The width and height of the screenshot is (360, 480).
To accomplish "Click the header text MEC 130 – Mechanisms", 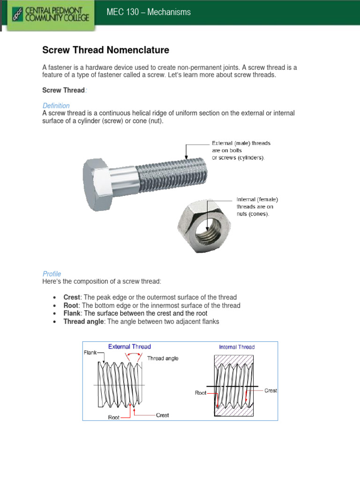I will pos(149,12).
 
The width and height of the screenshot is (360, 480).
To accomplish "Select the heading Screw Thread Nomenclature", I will pos(106,50).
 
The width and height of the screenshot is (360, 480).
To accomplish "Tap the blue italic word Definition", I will pos(56,105).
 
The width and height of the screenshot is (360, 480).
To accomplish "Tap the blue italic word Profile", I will pos(52,274).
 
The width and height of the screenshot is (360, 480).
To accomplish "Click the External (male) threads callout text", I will pos(241,150).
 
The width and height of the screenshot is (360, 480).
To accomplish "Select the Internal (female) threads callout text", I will pos(257,207).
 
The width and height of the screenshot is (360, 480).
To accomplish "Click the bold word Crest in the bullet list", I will pos(72,297).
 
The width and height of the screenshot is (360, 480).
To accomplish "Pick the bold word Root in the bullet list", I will pos(71,305).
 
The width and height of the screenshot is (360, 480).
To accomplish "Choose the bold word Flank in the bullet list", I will pos(72,313).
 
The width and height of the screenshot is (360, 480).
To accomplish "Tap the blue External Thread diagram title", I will pos(129,347).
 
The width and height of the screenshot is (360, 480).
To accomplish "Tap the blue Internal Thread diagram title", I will pos(237,347).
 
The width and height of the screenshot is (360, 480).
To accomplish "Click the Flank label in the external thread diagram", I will pos(90,352).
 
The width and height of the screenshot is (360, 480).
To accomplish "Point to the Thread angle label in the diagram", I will pos(163,358).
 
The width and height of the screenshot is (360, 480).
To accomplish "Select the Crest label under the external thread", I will pos(162,415).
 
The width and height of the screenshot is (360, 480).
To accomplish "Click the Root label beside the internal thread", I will pos(201,393).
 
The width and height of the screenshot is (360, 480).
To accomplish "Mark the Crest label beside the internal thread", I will pos(270,390).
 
